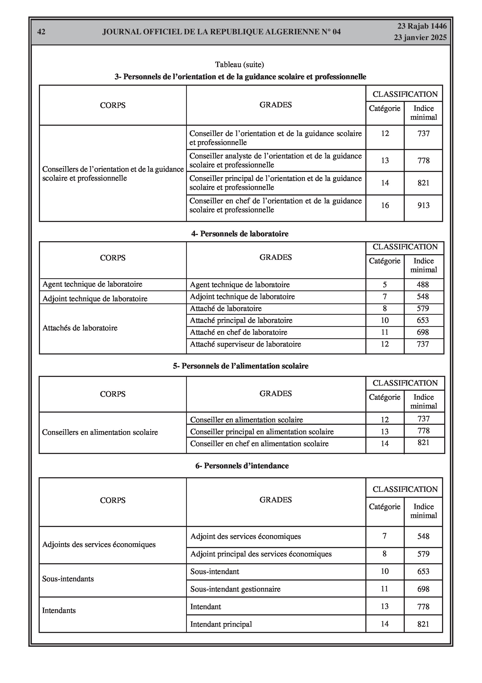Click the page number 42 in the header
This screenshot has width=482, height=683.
tap(41, 32)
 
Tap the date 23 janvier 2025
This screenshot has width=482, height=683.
tap(420, 38)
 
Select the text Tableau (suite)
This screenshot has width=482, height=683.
tap(240, 65)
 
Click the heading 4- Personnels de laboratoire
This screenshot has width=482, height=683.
tap(240, 234)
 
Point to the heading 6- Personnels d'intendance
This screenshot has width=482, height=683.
tap(242, 466)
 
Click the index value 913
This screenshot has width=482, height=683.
tap(423, 205)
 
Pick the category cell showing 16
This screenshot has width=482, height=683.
tap(385, 205)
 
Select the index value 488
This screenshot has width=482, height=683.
tap(423, 285)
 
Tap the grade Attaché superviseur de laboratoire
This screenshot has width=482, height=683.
tap(245, 344)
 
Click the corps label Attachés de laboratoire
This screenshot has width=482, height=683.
tap(80, 328)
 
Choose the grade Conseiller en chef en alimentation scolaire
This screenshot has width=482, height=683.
tap(259, 443)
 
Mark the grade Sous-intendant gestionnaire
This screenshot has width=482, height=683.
tap(235, 589)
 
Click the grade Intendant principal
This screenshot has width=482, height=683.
tap(221, 624)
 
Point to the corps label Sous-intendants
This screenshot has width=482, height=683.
tap(68, 579)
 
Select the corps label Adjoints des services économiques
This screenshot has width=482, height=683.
tap(99, 544)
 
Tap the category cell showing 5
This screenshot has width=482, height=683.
tap(385, 285)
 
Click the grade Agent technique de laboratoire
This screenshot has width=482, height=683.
tap(240, 285)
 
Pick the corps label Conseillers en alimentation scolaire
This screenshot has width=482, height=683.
tap(100, 432)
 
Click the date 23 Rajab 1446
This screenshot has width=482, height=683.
tap(422, 26)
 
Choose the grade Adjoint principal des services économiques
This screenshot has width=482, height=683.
tap(261, 554)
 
